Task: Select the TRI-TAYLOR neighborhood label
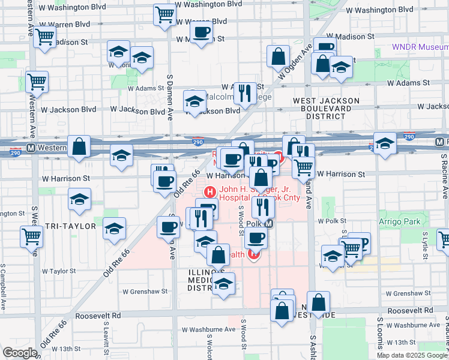(71, 226)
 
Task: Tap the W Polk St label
(330, 221)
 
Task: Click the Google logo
(20, 353)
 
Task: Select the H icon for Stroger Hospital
(210, 192)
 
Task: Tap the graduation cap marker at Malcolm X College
(194, 101)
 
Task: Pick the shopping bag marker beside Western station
(79, 146)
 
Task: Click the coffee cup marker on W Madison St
(201, 31)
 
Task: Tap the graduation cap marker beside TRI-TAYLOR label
(114, 228)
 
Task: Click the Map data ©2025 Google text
(411, 355)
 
